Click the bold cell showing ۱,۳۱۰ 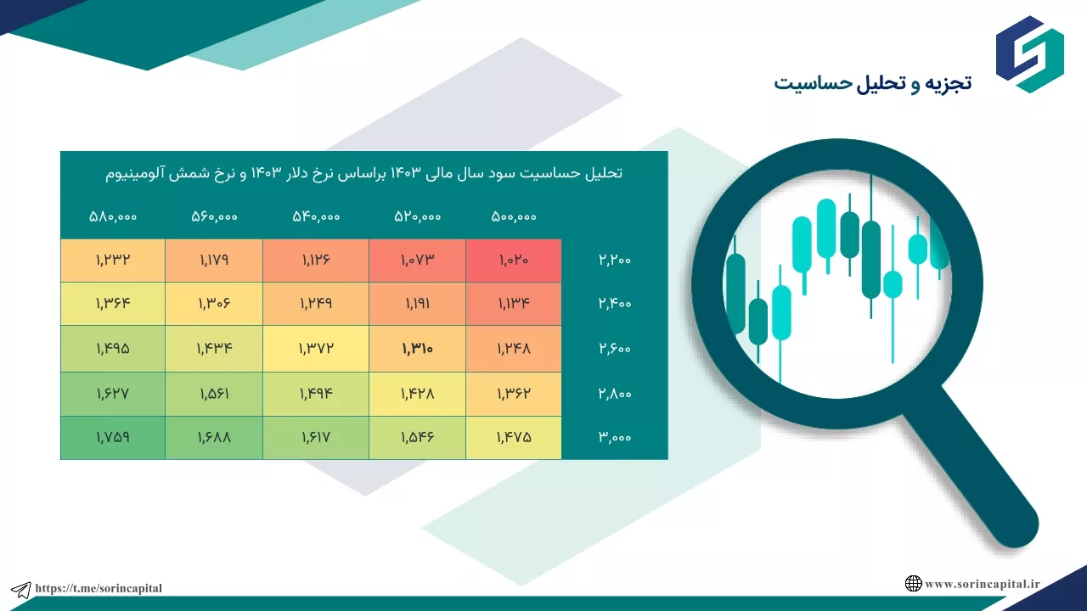point(417,348)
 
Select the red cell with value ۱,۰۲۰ point(514,261)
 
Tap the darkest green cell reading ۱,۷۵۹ point(113,437)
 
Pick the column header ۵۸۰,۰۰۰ point(113,216)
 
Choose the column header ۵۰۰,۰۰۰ point(514,216)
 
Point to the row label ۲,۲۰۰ point(614,260)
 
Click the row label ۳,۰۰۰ point(614,437)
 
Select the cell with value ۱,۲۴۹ point(316,304)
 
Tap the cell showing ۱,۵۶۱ point(214,394)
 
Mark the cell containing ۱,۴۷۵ point(514,437)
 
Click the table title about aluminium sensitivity point(364,173)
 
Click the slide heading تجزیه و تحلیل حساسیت point(872,83)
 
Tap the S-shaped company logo point(1029,54)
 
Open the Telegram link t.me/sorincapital point(99,588)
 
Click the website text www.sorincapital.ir point(983,584)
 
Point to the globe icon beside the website point(913,583)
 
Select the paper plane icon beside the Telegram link point(21,590)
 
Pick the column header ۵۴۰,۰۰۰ point(316,216)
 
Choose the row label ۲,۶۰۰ point(614,349)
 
